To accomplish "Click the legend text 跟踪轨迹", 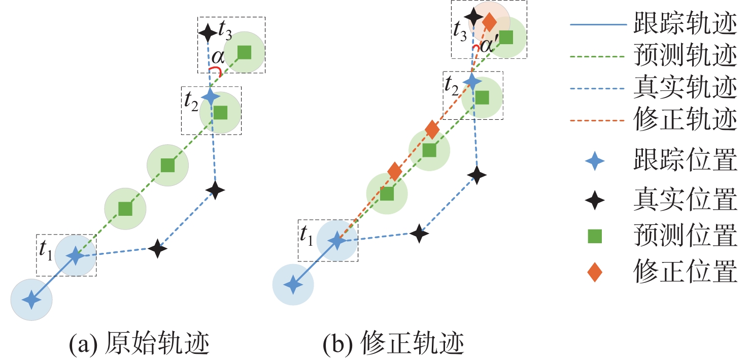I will [x=685, y=24].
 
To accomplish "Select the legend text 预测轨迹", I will [x=685, y=57].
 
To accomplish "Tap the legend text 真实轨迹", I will [x=685, y=89].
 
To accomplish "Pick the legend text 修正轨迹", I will [x=685, y=121].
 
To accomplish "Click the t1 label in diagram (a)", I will [x=46, y=248].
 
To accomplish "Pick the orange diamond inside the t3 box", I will [x=489, y=22].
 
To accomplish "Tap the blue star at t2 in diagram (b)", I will [x=472, y=81].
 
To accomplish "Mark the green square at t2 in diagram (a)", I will [x=220, y=112].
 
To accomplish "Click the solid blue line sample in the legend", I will [x=594, y=24].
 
